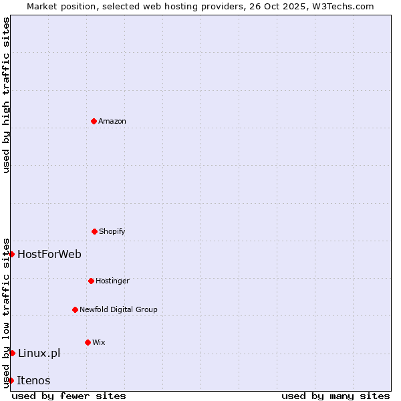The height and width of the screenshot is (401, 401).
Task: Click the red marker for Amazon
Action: pos(94,121)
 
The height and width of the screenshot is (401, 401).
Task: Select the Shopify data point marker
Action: pos(94,231)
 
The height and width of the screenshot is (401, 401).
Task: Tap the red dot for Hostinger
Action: pos(91,281)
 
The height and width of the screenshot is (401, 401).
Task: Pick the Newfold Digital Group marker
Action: pos(75,309)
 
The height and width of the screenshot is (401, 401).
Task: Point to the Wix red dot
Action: pos(88,342)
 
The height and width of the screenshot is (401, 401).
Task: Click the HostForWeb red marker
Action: pos(11,254)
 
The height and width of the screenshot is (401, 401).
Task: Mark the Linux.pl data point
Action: pos(12,353)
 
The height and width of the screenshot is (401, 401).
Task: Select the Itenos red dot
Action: pos(11,380)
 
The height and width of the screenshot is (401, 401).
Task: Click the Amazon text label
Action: pos(112,122)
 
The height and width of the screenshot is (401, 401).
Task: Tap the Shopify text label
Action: pos(112,232)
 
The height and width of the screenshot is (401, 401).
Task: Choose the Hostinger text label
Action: pos(112,281)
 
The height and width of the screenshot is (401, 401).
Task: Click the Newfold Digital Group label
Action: pos(118,310)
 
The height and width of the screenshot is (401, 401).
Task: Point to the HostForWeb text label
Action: pos(49,254)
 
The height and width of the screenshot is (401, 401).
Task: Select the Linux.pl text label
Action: pos(39,353)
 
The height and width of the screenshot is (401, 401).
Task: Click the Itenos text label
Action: pos(33,380)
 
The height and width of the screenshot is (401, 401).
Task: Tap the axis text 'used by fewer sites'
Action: pos(69,396)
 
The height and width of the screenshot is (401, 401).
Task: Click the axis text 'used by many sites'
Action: pos(336,396)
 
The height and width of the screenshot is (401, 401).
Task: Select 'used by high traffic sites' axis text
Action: pos(6,95)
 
